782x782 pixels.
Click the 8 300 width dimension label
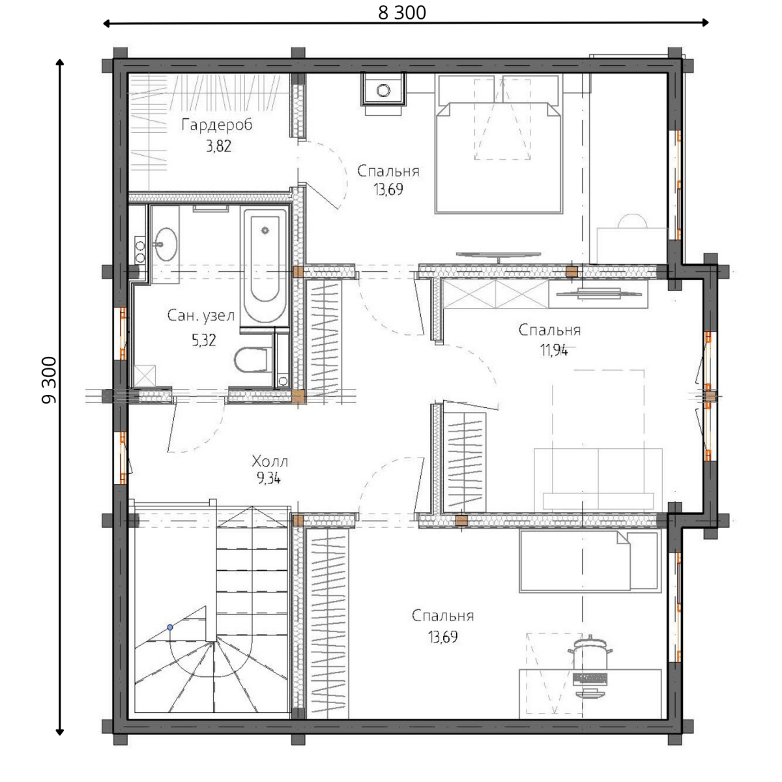(402, 12)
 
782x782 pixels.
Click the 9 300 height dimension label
(49, 380)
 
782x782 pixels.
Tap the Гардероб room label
(217, 124)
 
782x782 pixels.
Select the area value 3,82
(219, 146)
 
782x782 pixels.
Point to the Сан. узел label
(201, 315)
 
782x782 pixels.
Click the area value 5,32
(204, 340)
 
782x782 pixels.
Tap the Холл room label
(270, 461)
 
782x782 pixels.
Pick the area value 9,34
(268, 479)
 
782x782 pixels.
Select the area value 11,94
(554, 350)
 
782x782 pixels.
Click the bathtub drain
(265, 231)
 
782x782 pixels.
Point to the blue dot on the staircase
(170, 628)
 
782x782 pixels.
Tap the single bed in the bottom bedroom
(589, 562)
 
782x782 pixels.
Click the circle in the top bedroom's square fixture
(383, 90)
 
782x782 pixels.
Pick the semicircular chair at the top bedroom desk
(632, 222)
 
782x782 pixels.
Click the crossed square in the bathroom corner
(145, 376)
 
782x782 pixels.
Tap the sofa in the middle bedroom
(598, 480)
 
